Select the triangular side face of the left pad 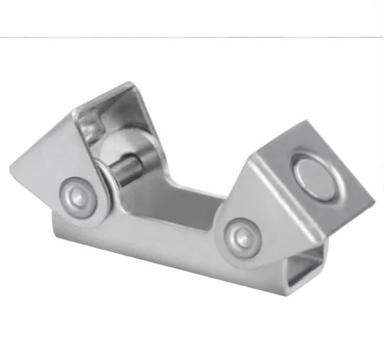tap(55, 173)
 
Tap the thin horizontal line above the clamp tap(192, 36)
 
